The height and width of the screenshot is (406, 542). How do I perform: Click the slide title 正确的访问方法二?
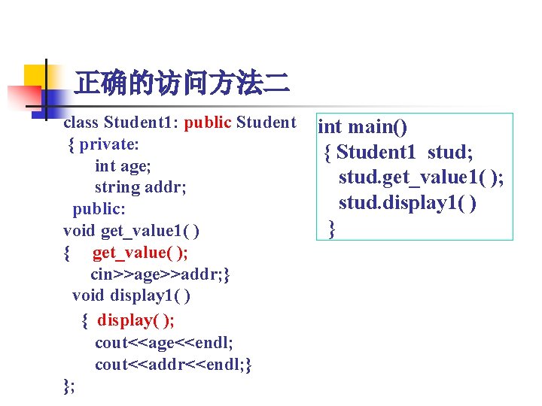[181, 82]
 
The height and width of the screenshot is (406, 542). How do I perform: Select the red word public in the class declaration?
[207, 122]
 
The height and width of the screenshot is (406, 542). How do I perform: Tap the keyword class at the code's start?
[81, 122]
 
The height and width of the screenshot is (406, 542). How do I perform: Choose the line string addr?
[141, 186]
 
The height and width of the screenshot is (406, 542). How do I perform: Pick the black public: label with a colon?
[99, 208]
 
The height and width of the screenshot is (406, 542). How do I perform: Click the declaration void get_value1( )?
[131, 229]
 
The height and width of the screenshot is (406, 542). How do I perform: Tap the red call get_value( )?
[140, 253]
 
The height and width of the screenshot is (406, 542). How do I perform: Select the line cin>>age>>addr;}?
[160, 274]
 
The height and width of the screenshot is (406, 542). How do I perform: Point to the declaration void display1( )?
[131, 295]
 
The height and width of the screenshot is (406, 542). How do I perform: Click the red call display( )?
[135, 320]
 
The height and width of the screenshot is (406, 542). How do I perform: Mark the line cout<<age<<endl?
[163, 343]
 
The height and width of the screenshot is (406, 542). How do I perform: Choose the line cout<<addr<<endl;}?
[173, 365]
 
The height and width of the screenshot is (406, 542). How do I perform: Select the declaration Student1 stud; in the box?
[405, 152]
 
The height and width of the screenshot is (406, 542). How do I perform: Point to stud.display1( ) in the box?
[407, 202]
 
